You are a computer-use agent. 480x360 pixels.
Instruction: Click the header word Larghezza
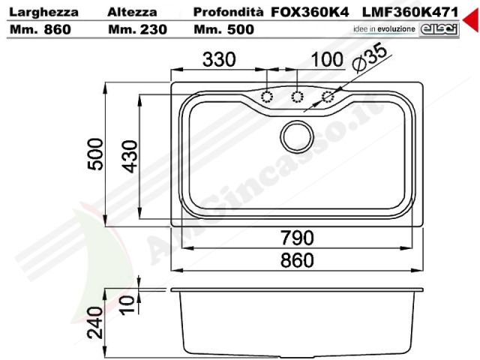pos(43,12)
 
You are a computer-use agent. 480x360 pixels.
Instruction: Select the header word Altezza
pos(132,12)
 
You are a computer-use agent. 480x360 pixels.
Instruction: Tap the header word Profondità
pos(228,12)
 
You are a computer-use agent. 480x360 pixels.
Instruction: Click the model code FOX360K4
pos(310,12)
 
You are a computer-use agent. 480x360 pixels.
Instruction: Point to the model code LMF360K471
pos(410,12)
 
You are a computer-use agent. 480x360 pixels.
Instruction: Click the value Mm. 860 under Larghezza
pos(40,29)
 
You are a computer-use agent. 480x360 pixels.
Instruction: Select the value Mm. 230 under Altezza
pos(137,29)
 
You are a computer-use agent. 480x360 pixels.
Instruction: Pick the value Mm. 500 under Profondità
pos(223,29)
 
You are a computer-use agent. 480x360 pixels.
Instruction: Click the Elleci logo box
pos(439,30)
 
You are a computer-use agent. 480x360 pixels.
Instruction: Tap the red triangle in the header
pos(472,20)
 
